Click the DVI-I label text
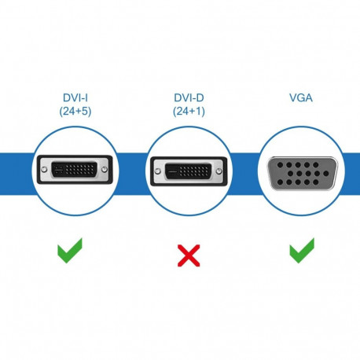click(x=75, y=98)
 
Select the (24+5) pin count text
click(x=75, y=111)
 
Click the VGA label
click(x=299, y=98)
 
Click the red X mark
click(x=187, y=253)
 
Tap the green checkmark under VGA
click(x=301, y=252)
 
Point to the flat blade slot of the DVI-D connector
click(x=167, y=169)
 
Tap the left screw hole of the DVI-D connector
click(x=152, y=169)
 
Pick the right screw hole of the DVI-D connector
click(x=222, y=169)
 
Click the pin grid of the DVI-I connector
click(x=81, y=169)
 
